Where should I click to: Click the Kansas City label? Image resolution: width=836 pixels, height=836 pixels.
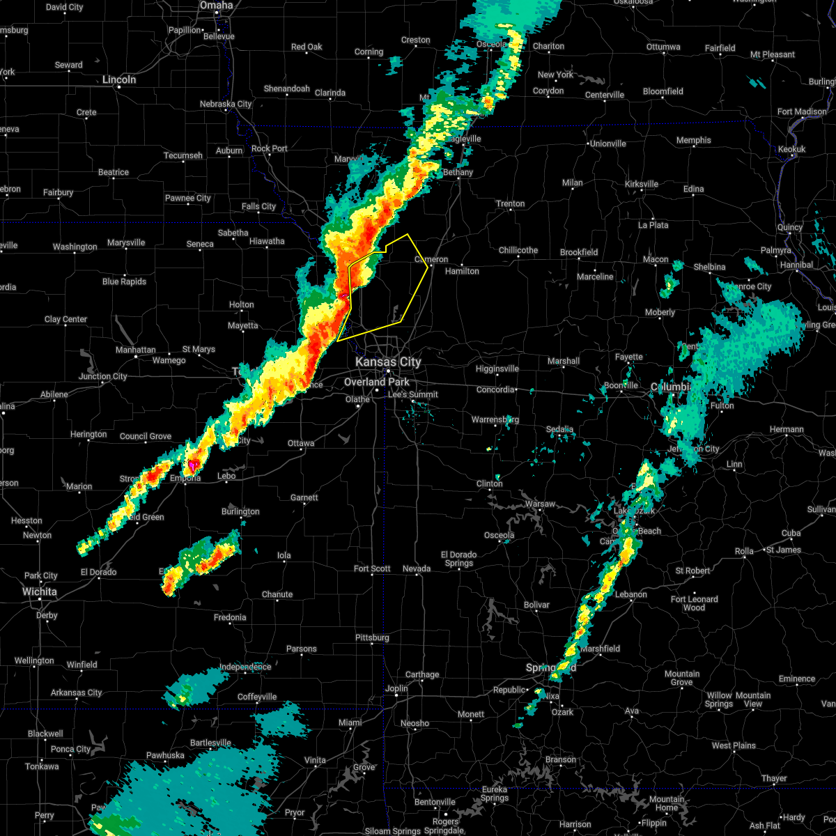388,362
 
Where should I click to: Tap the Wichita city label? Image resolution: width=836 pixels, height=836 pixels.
39,591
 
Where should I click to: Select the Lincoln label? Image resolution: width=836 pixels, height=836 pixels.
119,80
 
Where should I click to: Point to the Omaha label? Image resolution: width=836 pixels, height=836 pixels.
216,6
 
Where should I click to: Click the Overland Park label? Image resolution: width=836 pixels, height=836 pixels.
377,382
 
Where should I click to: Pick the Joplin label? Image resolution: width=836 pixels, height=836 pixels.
396,689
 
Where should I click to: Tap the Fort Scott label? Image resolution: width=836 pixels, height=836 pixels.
372,568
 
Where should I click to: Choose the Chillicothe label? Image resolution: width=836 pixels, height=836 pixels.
518,250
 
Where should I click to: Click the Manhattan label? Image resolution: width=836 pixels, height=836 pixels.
136,350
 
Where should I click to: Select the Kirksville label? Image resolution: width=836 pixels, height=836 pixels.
642,184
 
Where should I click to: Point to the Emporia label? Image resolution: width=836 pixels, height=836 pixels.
185,478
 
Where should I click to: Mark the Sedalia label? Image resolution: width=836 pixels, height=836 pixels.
559,430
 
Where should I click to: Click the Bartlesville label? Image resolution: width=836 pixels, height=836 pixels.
210,743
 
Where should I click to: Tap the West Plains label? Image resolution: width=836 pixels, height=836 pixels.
734,745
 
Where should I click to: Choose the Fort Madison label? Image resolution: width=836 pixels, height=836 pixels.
802,111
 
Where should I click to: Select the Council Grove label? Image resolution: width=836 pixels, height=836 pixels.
146,437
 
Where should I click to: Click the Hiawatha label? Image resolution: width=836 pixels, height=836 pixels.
268,242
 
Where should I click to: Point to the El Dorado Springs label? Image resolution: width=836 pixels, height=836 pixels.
459,559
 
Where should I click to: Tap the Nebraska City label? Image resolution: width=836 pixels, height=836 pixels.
226,104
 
